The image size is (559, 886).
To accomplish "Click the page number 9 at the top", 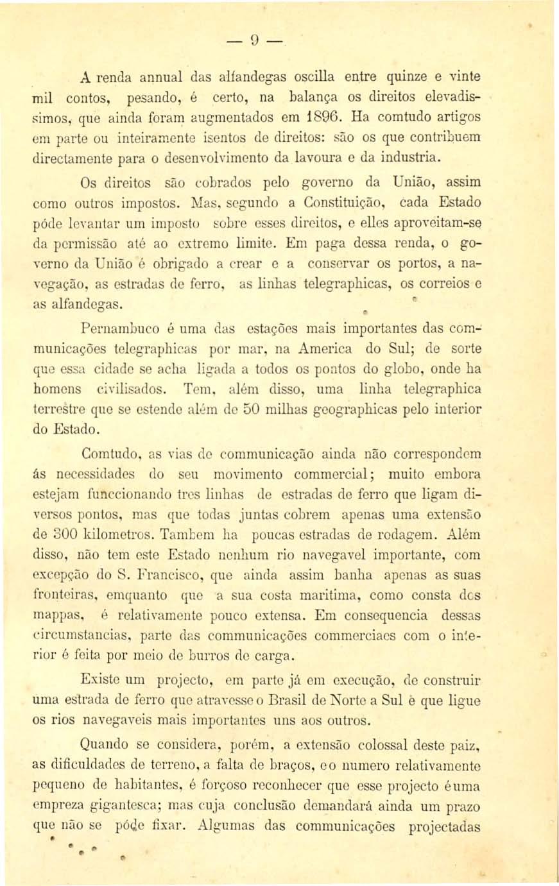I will tap(254, 46).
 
